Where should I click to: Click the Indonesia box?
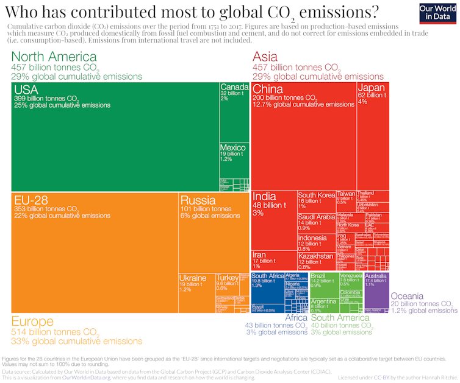[316, 242]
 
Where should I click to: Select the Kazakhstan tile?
[316, 261]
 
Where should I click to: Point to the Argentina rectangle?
[323, 305]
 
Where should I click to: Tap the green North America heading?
[54, 57]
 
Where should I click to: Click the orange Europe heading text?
[37, 322]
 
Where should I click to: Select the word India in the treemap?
[264, 197]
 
